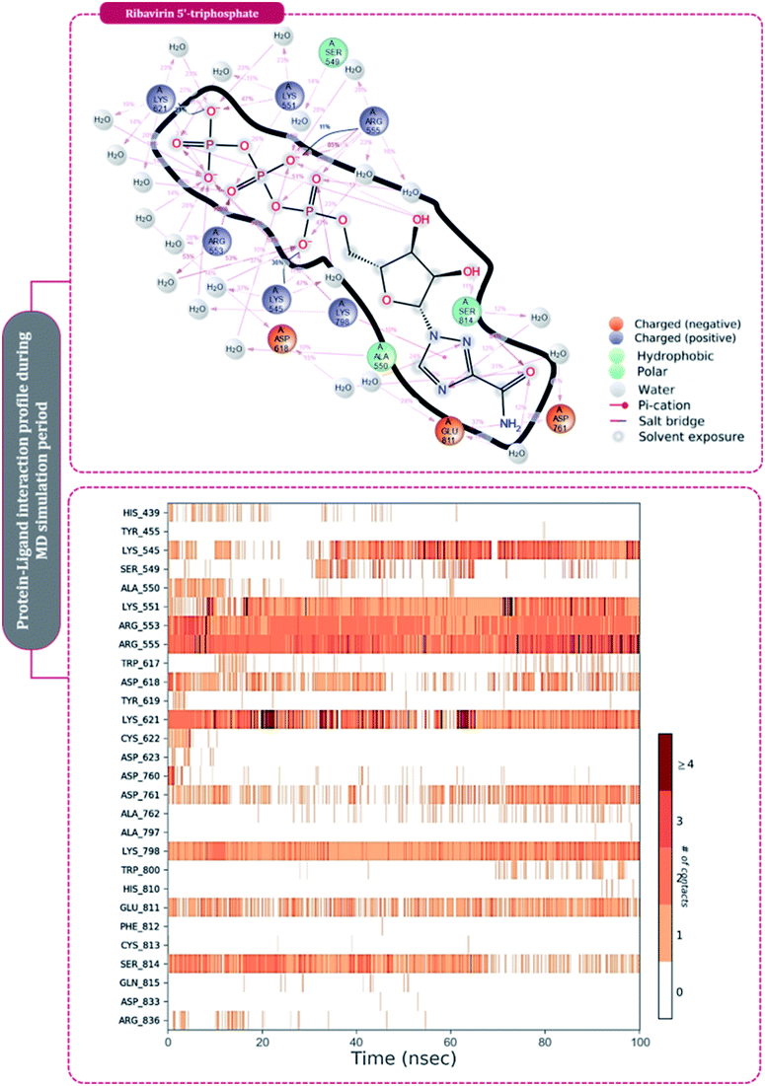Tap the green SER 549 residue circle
(337, 52)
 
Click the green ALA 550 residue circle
(382, 356)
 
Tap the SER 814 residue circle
(469, 310)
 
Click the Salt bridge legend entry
(663, 418)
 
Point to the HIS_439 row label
(139, 513)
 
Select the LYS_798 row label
(139, 850)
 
